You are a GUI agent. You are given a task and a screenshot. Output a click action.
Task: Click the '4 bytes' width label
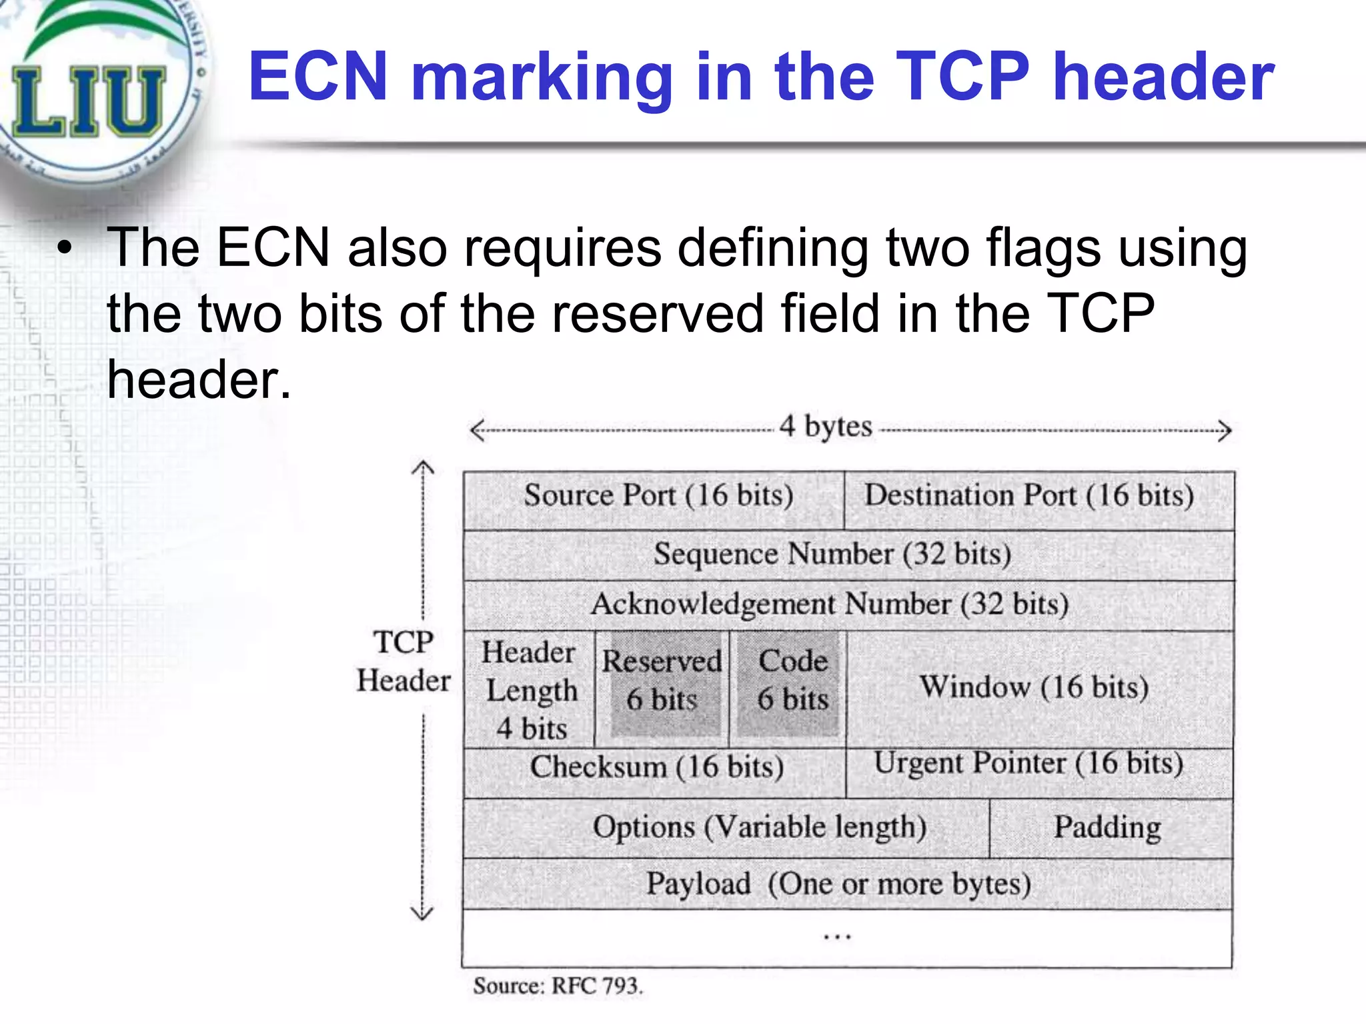pyautogui.click(x=826, y=427)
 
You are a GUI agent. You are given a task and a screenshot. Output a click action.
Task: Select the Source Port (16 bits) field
pyautogui.click(x=658, y=496)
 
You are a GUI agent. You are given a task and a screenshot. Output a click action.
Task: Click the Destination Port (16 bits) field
pyautogui.click(x=1029, y=496)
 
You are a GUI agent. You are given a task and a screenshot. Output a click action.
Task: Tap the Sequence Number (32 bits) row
pyautogui.click(x=832, y=555)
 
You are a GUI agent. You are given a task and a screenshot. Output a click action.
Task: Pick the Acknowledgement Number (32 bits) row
pyautogui.click(x=830, y=605)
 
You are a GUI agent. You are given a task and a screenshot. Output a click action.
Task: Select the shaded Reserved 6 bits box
pyautogui.click(x=662, y=681)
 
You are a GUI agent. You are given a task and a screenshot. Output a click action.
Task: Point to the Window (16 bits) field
pyautogui.click(x=1034, y=687)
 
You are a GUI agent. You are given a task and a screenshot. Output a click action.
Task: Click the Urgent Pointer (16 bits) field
pyautogui.click(x=1029, y=764)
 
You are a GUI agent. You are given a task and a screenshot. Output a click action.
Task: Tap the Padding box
pyautogui.click(x=1107, y=827)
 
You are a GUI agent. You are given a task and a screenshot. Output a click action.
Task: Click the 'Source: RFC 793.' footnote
pyautogui.click(x=558, y=986)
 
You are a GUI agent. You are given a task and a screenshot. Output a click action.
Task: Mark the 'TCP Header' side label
pyautogui.click(x=404, y=661)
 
